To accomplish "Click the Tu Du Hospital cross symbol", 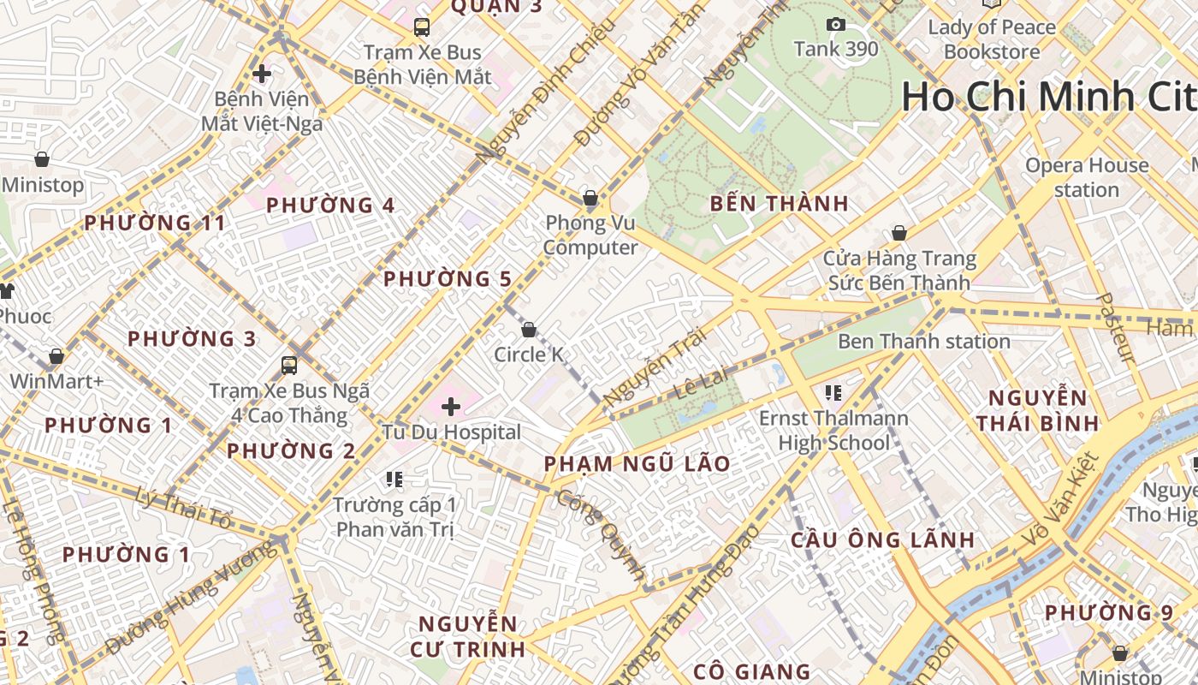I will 451,407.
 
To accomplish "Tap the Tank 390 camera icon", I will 835,25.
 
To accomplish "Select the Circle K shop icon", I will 529,330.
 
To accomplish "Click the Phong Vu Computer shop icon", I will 590,199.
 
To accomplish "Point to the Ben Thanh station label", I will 923,342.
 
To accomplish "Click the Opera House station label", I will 1086,177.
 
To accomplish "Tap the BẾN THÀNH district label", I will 779,204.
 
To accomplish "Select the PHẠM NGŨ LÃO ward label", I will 638,464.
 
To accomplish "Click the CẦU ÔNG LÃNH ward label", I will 882,540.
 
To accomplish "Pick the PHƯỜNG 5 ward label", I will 448,279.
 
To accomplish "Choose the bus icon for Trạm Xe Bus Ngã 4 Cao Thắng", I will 289,366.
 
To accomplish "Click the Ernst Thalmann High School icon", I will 833,393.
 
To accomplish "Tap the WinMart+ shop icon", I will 56,356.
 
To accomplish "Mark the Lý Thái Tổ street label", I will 184,508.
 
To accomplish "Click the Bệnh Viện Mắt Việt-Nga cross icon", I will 262,74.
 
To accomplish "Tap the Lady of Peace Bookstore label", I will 992,39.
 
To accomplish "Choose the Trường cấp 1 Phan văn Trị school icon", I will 394,479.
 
